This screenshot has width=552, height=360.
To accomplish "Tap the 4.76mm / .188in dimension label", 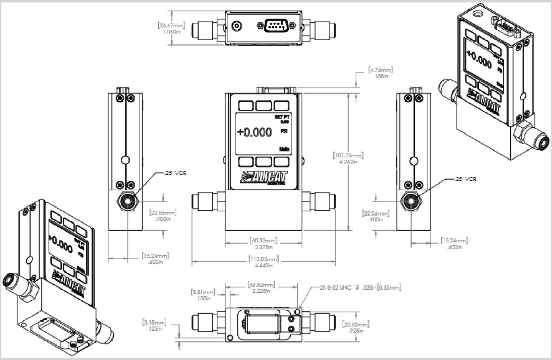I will (x=380, y=73).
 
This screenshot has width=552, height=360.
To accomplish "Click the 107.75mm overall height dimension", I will (x=348, y=158).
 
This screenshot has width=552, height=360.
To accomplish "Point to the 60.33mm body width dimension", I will (x=264, y=243).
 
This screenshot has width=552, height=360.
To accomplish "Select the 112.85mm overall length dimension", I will (x=264, y=262).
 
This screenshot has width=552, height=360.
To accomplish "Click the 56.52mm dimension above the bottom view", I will (x=261, y=288).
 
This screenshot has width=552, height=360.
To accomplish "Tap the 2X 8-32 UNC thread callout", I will (x=360, y=287).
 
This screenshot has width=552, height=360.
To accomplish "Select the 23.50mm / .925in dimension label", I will (x=356, y=327).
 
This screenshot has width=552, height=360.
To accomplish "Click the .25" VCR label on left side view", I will (x=175, y=173).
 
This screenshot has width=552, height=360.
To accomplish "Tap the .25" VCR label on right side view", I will (x=465, y=179).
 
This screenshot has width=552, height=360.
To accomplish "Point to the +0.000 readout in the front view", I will (x=255, y=132).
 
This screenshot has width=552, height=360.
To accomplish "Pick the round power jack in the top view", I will (x=236, y=26).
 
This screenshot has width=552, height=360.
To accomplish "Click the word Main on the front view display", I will (x=284, y=149).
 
